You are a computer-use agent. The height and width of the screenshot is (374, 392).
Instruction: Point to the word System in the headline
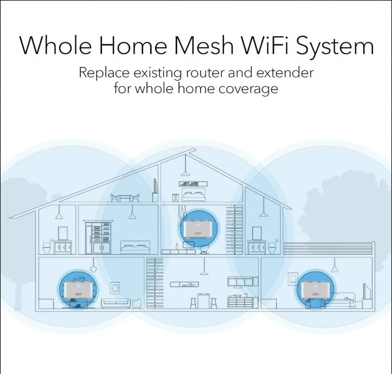point(335,47)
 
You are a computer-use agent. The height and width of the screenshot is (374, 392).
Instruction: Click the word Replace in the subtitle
point(104,73)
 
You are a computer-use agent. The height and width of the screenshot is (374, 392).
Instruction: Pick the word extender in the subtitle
point(285,73)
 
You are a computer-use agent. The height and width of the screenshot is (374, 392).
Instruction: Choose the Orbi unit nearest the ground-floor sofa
point(77,290)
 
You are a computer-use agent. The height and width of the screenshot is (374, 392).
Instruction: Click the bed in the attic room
point(194,196)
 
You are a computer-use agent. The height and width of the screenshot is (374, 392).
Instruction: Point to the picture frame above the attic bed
point(193,184)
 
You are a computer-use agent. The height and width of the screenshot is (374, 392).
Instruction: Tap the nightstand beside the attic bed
point(175,197)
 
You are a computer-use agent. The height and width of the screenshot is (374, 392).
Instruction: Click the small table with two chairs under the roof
point(125,197)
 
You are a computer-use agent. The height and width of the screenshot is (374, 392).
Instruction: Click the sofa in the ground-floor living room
point(115,303)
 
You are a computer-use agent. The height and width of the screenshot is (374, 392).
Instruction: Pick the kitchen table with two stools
point(203,301)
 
